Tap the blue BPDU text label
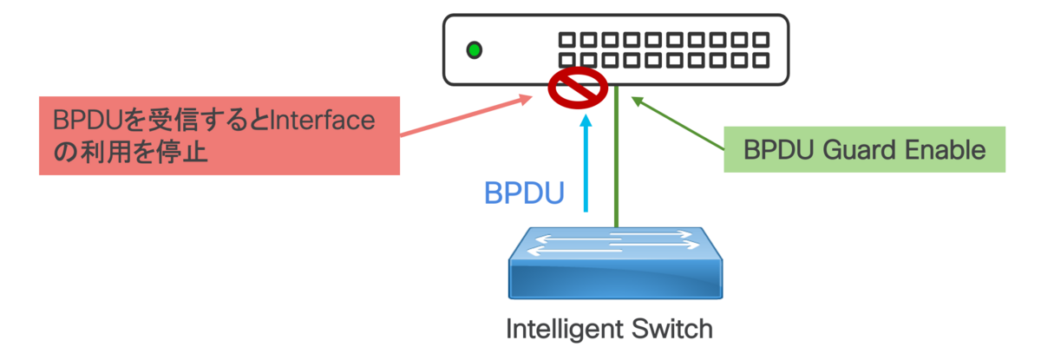coord(523,192)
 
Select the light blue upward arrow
coord(587,165)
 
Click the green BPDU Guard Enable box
coord(864,149)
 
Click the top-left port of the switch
coord(566,40)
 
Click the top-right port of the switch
coord(761,40)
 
